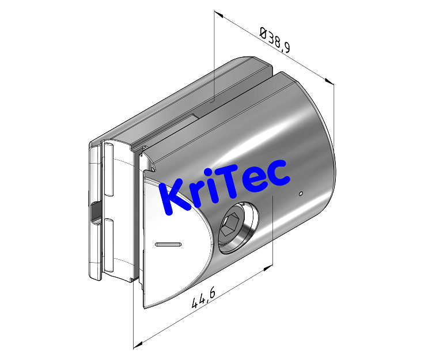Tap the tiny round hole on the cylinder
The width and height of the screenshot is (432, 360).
(300, 194)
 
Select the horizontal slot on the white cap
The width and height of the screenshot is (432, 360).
(169, 244)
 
